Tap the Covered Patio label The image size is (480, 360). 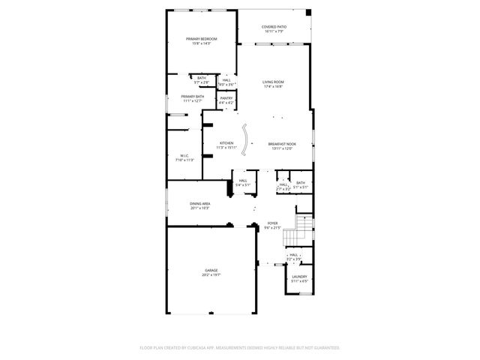(x=274, y=27)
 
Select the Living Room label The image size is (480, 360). (x=273, y=82)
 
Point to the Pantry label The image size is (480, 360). (x=226, y=97)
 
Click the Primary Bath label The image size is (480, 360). (x=192, y=96)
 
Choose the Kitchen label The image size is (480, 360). (x=226, y=143)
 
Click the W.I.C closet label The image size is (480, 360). (x=184, y=156)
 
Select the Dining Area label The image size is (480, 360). (x=199, y=203)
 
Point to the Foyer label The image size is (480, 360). (x=273, y=223)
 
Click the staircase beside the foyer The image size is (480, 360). (x=303, y=229)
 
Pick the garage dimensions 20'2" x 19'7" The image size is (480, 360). (x=211, y=275)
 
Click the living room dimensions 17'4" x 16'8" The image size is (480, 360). (x=273, y=86)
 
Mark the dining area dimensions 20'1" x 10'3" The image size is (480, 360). (x=199, y=208)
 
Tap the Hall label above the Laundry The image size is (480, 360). (x=294, y=255)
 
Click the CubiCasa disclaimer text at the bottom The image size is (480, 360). (x=240, y=348)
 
